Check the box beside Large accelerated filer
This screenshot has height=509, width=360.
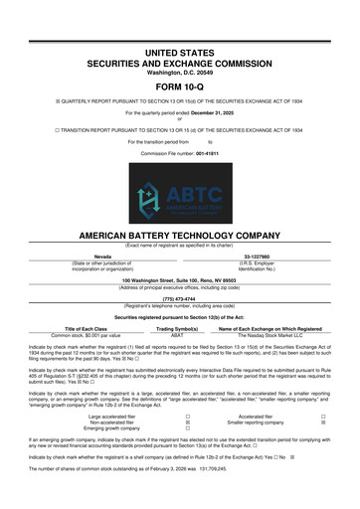[x=173, y=416]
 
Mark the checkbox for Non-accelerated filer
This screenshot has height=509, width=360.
[x=173, y=424]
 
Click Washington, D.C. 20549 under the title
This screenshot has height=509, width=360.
[x=180, y=44]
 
